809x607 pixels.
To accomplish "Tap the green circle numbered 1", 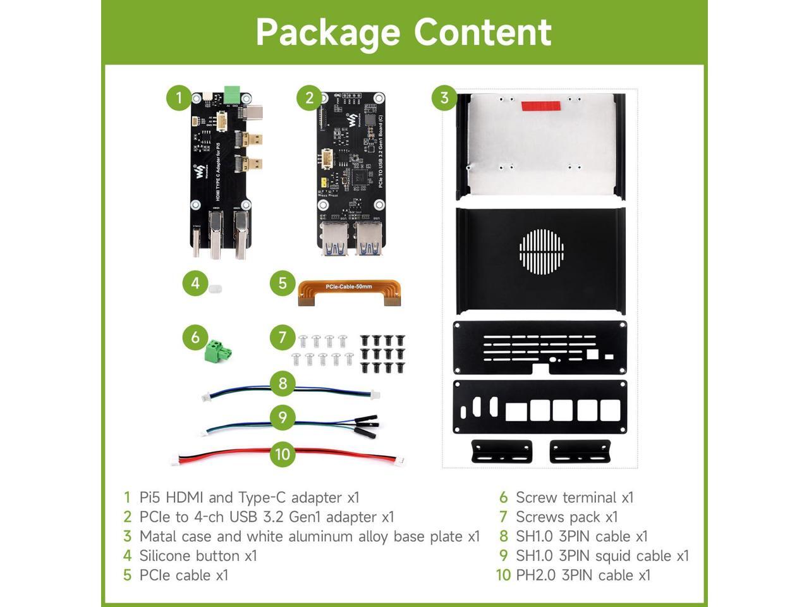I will (179, 97).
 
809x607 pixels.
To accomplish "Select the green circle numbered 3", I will (444, 97).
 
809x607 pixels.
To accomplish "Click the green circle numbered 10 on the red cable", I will (283, 454).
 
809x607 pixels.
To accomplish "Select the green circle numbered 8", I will (283, 383).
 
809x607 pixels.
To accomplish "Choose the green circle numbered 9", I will (283, 417).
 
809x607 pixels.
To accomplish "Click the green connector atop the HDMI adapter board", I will (233, 94).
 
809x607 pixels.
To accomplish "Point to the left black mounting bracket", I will (502, 451).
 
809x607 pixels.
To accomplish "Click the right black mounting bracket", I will (580, 451).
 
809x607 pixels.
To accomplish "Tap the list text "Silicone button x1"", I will (198, 556).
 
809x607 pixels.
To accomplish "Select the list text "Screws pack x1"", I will (566, 517).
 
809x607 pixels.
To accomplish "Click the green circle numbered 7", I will (283, 337).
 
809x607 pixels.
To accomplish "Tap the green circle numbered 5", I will (283, 283).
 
